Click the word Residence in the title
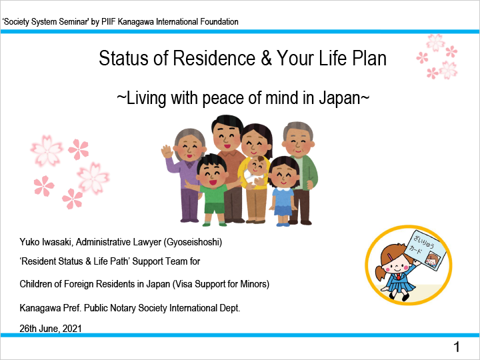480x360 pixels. (x=214, y=58)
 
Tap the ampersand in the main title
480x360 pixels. (x=266, y=58)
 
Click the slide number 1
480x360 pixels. (x=457, y=347)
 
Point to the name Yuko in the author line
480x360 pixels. (x=30, y=242)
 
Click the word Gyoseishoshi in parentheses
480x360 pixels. (x=193, y=242)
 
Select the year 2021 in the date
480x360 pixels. (x=72, y=329)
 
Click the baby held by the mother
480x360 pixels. (x=255, y=171)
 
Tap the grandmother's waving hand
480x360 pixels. (x=167, y=151)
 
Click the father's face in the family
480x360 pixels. (x=227, y=136)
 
